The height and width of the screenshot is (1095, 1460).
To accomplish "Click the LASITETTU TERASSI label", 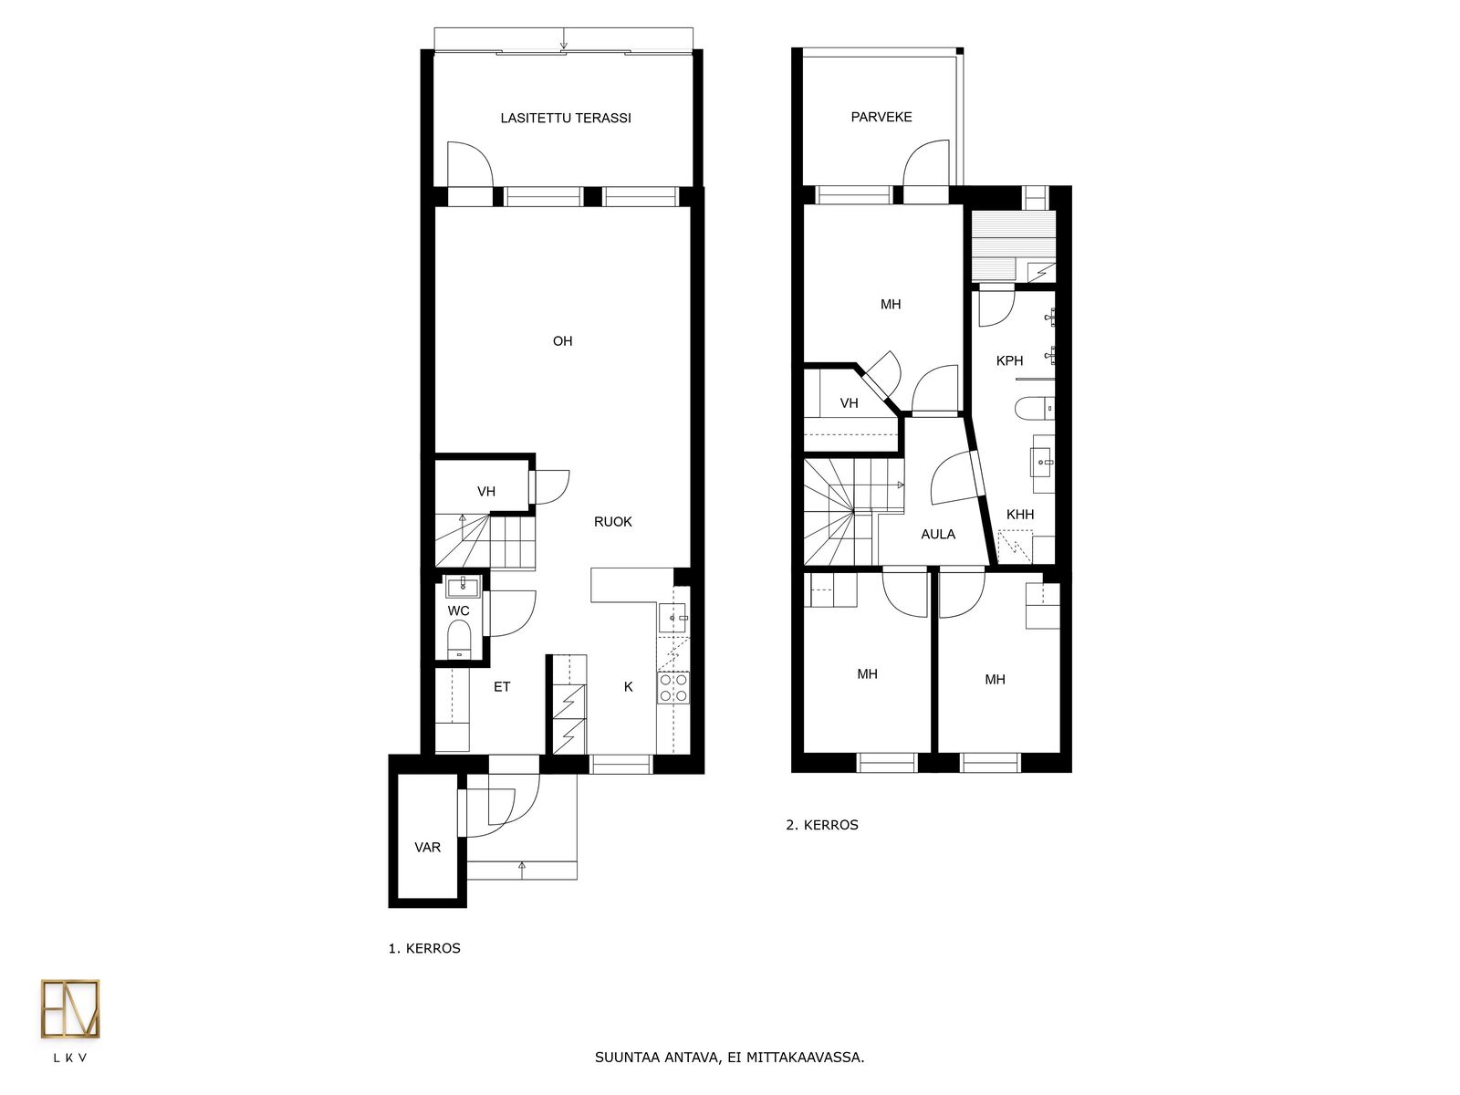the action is click(x=566, y=119).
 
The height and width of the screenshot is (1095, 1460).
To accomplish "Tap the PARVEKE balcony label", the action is click(x=881, y=117).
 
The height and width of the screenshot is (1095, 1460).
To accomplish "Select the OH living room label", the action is click(x=563, y=341).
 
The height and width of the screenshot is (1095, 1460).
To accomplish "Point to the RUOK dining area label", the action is click(x=612, y=522).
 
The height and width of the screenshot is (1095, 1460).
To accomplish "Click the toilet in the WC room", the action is click(x=459, y=638).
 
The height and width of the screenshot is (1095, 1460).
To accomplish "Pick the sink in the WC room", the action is click(x=463, y=587).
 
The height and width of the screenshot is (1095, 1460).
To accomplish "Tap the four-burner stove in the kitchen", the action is click(x=673, y=687).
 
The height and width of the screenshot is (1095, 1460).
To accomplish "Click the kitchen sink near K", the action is click(x=673, y=618).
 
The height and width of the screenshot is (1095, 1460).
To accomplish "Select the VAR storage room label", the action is click(x=428, y=848).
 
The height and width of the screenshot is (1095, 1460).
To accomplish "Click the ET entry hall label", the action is click(x=502, y=687).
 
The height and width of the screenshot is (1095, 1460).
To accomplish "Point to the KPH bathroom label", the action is click(x=1009, y=361).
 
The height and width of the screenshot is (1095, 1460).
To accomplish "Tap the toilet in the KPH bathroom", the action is click(x=1035, y=407).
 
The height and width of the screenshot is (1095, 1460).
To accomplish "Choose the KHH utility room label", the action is click(x=1019, y=515).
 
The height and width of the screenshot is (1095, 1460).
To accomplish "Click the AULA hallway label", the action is click(x=938, y=535).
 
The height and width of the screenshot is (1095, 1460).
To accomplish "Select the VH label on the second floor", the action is click(x=849, y=403).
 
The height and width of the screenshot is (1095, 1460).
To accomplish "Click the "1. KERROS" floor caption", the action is click(x=424, y=949).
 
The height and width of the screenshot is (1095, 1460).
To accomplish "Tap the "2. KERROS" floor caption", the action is click(x=822, y=825).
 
